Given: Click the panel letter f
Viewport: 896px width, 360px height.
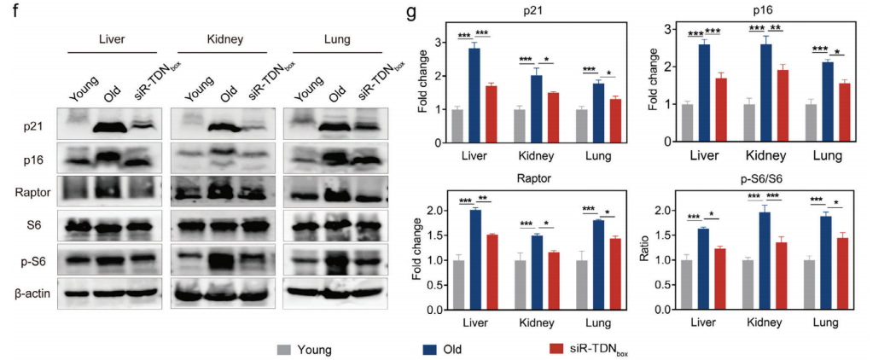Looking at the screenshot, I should coord(7,13).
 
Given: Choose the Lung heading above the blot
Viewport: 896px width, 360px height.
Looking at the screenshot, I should coord(333,39).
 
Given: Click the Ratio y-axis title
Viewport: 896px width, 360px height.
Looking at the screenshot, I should coord(648,258).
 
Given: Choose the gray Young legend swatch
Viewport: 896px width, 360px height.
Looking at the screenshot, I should coord(284,349).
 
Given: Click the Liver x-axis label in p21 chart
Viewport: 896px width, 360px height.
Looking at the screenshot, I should coord(473,158).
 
